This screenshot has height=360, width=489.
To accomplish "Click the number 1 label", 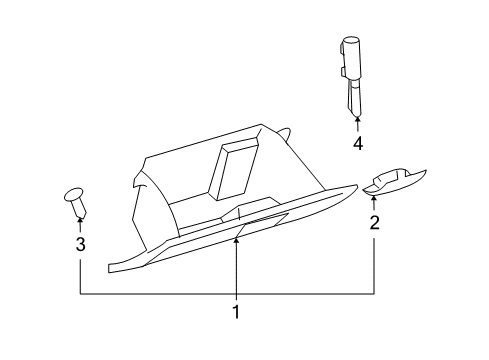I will [x=236, y=311].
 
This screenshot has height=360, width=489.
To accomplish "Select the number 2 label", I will [x=374, y=223].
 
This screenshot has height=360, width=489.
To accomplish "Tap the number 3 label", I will [x=80, y=243].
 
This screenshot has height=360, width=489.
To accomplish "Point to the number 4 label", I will [x=357, y=143].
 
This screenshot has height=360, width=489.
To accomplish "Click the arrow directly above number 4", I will [x=357, y=124].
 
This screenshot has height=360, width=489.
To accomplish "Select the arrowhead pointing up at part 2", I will [x=374, y=199].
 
